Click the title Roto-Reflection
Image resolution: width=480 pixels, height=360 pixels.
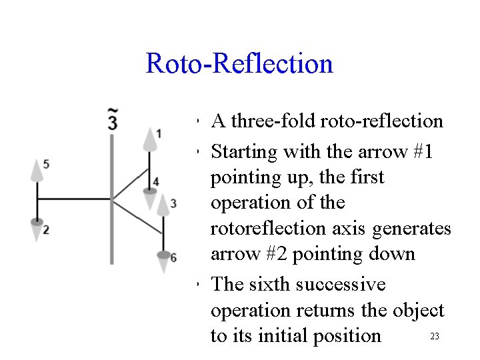[x=239, y=64]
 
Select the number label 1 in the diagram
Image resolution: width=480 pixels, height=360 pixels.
[x=158, y=133]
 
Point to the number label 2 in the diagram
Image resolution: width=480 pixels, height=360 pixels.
[x=45, y=230]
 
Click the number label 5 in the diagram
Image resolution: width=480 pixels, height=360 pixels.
[x=45, y=163]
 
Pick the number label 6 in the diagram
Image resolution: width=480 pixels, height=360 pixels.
[x=173, y=257]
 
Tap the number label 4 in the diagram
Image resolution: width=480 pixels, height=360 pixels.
[x=155, y=181]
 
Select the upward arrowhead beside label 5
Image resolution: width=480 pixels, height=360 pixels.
[x=37, y=171]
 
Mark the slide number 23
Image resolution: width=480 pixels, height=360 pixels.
[x=434, y=337]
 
